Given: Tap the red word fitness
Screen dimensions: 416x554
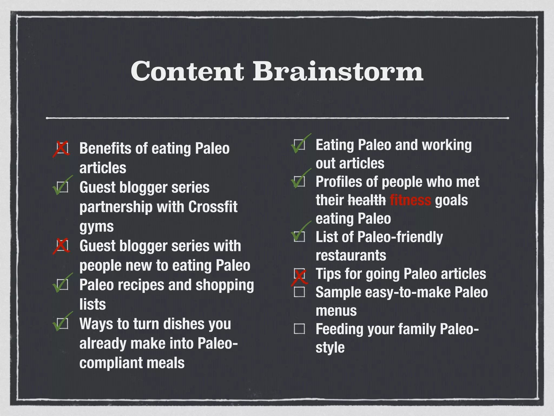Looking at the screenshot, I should (x=410, y=200).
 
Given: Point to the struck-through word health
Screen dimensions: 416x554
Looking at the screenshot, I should (x=367, y=200).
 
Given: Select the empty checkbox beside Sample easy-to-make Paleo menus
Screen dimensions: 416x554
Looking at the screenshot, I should (x=299, y=292).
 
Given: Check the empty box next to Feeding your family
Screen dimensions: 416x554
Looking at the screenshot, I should (x=299, y=329).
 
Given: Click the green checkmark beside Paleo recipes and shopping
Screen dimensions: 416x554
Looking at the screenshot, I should (x=62, y=284).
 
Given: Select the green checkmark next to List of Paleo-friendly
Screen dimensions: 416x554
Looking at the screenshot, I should (x=300, y=233).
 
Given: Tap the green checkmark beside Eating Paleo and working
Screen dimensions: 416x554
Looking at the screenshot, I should (x=300, y=144).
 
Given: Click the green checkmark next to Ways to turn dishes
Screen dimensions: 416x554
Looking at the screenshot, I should (x=62, y=322).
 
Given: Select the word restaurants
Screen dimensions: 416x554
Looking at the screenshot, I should (x=351, y=255).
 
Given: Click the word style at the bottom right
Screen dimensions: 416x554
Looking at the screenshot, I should (x=330, y=348).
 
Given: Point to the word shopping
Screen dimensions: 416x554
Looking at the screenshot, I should (x=225, y=285).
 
